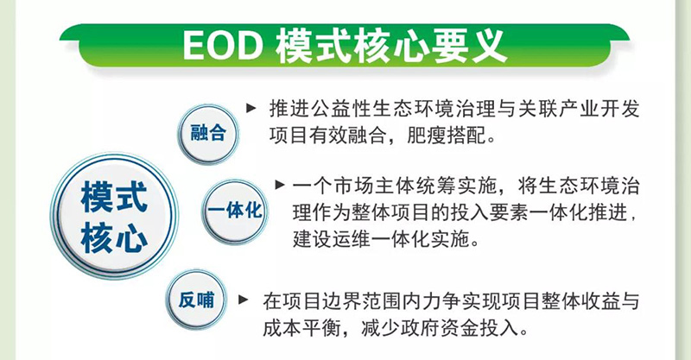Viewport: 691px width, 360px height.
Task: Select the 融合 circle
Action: click(207, 134)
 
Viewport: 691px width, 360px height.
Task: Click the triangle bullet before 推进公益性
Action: click(251, 107)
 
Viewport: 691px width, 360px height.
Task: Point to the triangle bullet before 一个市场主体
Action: click(280, 184)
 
